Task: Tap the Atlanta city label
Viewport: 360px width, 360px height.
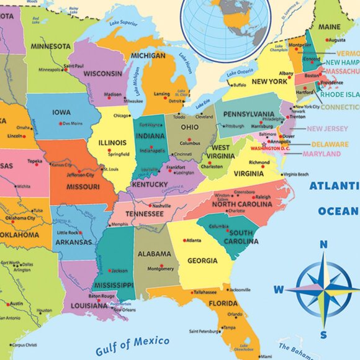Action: coord(194,240)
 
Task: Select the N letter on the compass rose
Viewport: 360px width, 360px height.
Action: coord(323,245)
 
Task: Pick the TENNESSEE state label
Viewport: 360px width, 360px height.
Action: coord(144,214)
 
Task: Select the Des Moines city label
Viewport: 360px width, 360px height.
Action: coord(72,123)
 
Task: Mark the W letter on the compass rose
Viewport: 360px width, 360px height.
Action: coord(279,289)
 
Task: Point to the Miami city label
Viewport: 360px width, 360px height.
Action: coord(265,356)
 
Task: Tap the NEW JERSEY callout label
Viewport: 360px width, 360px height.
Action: coord(327,128)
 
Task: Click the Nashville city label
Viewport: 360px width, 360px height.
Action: coord(161,205)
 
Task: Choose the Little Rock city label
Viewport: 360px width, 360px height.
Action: coord(68,233)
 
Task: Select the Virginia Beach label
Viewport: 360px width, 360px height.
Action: coord(295,174)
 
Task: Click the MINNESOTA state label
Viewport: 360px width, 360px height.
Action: coord(48,46)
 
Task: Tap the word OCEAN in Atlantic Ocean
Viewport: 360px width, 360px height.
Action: coord(342,211)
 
